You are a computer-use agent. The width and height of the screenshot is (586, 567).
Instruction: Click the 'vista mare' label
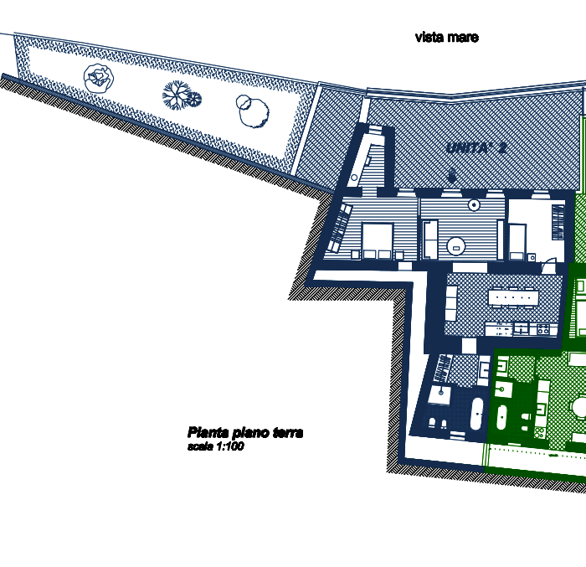446,38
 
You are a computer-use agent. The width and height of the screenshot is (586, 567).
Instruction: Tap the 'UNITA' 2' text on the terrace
477,148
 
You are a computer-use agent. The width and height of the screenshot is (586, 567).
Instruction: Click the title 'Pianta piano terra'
244,433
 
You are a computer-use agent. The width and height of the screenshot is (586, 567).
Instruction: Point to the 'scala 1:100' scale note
215,447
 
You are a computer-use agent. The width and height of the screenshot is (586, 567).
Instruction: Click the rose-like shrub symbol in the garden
98,78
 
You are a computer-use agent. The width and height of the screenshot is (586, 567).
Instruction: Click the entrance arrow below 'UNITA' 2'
452,176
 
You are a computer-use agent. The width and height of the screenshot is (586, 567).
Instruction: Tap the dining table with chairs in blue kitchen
513,296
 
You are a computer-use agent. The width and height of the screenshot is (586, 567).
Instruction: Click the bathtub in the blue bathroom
475,414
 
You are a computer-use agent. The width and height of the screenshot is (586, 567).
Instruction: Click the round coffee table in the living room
457,245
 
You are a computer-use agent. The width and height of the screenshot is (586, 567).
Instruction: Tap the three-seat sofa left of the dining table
452,304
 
